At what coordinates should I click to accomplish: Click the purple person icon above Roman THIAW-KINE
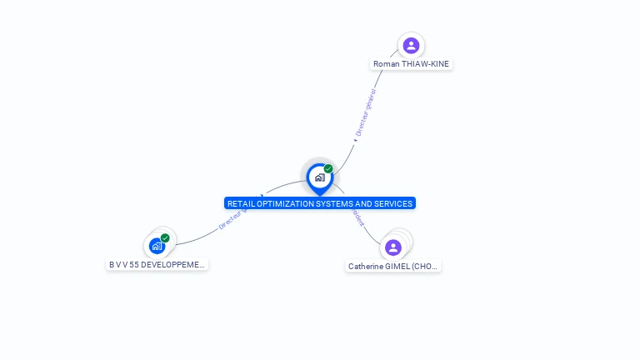[411, 45]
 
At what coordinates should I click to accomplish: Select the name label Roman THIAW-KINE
[412, 64]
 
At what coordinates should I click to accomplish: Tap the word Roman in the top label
[385, 64]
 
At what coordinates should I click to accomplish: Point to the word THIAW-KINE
[424, 64]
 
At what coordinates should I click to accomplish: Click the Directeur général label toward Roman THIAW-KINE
[365, 112]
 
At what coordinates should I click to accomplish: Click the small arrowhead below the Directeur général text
[355, 140]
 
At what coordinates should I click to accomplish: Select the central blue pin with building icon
[319, 177]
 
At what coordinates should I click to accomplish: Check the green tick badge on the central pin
[328, 169]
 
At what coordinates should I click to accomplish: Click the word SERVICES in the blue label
[391, 203]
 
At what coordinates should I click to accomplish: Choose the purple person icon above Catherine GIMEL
[393, 247]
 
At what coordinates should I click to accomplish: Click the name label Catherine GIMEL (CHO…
[393, 267]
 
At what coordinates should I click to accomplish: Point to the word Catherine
[365, 267]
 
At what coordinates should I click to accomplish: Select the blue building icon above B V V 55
[157, 246]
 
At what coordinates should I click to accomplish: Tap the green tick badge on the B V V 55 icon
[165, 238]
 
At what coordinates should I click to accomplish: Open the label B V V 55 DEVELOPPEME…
[157, 265]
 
